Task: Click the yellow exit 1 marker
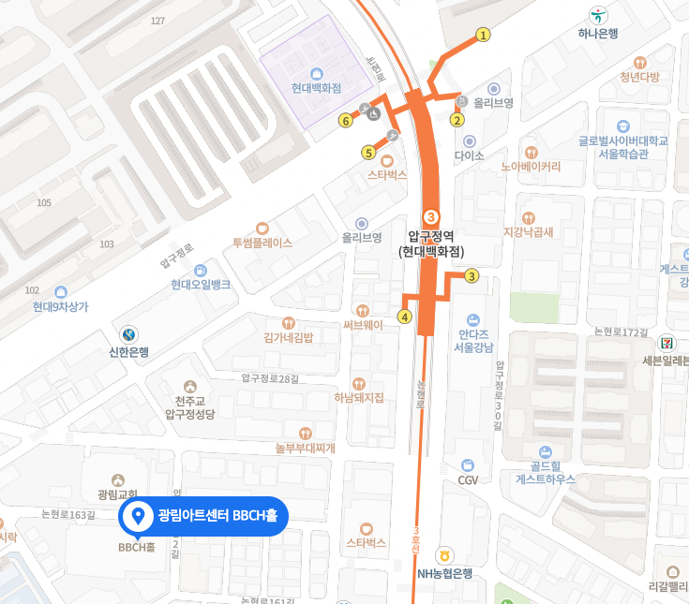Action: (x=484, y=36)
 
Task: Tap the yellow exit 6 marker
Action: (x=346, y=120)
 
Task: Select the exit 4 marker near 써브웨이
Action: (x=405, y=317)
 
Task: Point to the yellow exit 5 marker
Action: (x=368, y=153)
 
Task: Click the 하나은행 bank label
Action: (x=598, y=33)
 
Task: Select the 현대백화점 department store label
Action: (x=316, y=88)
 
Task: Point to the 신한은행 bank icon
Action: (x=128, y=334)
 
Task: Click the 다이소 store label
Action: (x=469, y=156)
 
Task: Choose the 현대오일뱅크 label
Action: (x=201, y=285)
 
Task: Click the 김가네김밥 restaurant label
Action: (x=288, y=337)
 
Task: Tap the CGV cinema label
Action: (x=469, y=479)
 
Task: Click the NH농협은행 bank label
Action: (x=445, y=572)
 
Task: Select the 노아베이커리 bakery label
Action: (x=531, y=167)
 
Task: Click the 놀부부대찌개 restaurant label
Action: (x=305, y=448)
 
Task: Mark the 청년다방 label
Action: (x=640, y=77)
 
